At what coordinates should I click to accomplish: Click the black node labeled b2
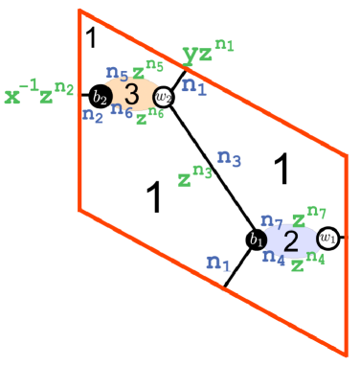100,96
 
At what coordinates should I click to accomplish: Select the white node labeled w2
164,96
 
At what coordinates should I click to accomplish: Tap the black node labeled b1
256,240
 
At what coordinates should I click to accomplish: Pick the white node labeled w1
327,237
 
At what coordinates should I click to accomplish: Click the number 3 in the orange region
132,94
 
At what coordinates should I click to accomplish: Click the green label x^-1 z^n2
39,94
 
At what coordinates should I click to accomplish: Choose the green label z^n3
194,176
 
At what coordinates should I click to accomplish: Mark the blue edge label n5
117,72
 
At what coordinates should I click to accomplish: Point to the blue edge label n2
93,116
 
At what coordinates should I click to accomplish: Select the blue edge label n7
272,221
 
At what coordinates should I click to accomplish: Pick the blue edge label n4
274,257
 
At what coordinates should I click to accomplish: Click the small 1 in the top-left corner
91,38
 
